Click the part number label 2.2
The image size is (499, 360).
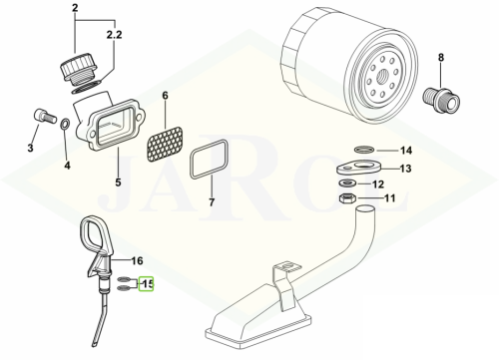point(114,35)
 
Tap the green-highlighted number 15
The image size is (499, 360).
point(147,284)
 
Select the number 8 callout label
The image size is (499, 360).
point(441,58)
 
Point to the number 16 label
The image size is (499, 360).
point(137,261)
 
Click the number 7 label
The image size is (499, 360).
point(212,202)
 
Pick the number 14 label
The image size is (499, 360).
point(406,151)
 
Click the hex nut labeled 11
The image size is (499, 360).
point(347,198)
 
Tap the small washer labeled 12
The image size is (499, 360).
point(347,182)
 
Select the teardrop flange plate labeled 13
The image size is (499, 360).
point(358,167)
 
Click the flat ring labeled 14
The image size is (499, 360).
point(364,151)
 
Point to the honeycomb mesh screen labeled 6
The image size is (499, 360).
point(165,144)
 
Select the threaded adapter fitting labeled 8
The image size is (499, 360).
point(441,99)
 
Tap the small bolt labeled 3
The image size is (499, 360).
point(44,116)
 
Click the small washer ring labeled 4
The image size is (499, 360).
point(65,124)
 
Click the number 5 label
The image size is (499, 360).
point(118,182)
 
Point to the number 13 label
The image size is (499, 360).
point(405,169)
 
